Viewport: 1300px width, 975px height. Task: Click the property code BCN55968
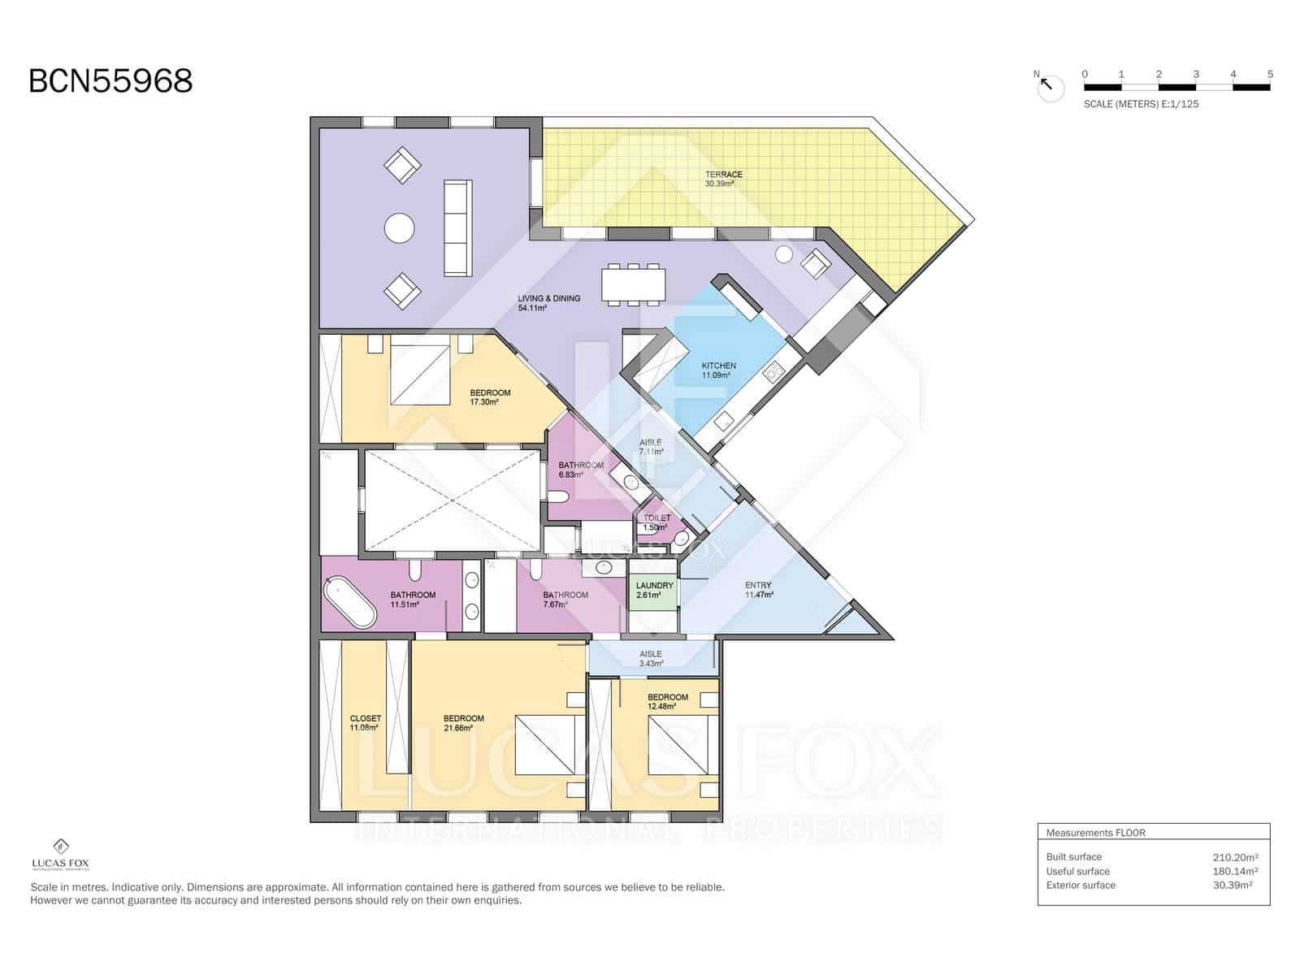(x=110, y=81)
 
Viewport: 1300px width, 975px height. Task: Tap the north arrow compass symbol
(x=1049, y=85)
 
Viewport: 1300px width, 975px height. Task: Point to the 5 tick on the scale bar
(x=1270, y=75)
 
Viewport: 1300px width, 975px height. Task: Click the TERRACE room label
(x=723, y=175)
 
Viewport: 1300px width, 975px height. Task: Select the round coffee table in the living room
(x=399, y=228)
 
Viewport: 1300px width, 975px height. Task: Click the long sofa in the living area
(x=457, y=228)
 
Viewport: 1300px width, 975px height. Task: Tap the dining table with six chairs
(x=633, y=284)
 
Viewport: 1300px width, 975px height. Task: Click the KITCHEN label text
(x=718, y=366)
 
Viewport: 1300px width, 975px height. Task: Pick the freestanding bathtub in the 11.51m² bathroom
(x=349, y=603)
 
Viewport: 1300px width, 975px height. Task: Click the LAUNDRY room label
(x=654, y=586)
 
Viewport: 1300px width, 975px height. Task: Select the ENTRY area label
(x=758, y=585)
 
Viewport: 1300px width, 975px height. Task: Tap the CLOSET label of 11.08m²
(x=365, y=719)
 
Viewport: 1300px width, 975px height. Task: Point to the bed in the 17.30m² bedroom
(x=420, y=375)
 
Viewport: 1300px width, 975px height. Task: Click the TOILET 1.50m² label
(x=657, y=518)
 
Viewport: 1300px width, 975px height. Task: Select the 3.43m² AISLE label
(x=651, y=654)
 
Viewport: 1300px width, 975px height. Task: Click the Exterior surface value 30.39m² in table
(x=1232, y=886)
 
